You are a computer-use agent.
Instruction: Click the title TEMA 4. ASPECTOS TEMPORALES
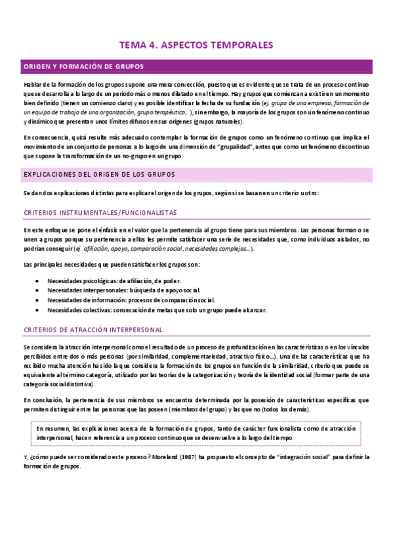[196, 45]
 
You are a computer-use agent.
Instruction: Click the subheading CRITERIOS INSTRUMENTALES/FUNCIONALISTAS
[100, 213]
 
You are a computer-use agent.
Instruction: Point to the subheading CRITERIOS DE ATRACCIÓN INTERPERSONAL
[93, 329]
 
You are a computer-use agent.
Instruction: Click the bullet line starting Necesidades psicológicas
[109, 280]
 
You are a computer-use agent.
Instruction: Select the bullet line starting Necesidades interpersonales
[123, 290]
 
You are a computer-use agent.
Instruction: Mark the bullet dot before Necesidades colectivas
[36, 310]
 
